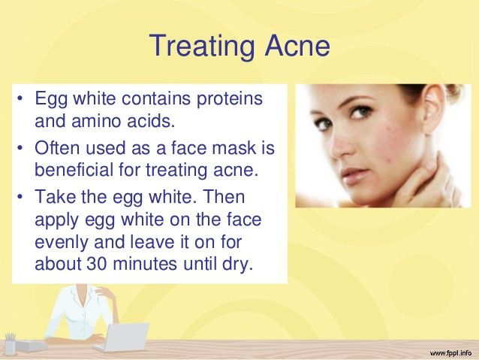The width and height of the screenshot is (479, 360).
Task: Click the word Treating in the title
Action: [x=202, y=46]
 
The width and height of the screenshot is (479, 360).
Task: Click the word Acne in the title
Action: [x=297, y=45]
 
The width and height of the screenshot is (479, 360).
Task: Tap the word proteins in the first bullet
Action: [x=230, y=99]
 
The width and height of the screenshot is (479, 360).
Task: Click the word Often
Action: [x=57, y=147]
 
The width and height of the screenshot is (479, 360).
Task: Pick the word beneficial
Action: [x=74, y=169]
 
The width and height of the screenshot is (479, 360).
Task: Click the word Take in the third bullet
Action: [x=55, y=196]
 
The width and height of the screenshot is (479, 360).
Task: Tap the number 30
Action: [x=97, y=264]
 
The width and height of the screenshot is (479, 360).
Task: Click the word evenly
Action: [x=62, y=242]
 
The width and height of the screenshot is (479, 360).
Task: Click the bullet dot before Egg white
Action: [x=20, y=98]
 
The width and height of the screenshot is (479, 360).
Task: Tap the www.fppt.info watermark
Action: [x=451, y=353]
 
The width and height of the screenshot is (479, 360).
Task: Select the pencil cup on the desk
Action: [x=11, y=344]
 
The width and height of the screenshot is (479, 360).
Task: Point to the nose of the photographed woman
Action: [x=340, y=144]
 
